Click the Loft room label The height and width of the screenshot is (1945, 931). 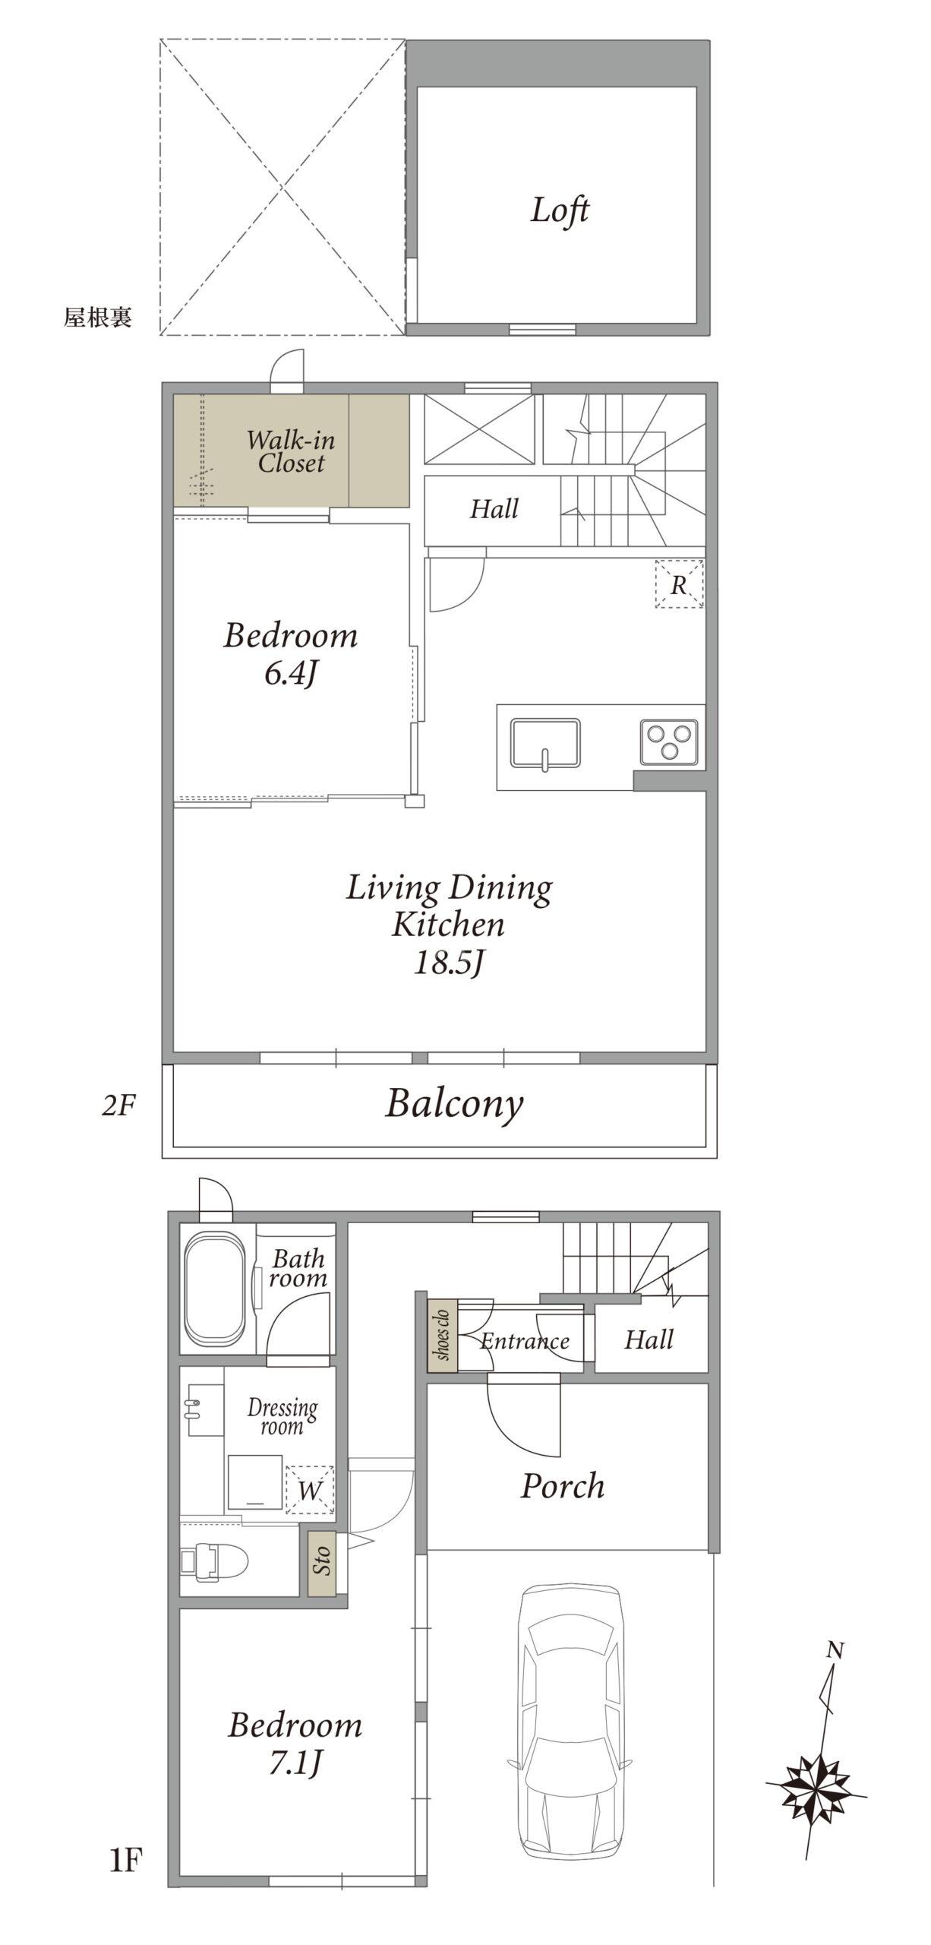pos(560,210)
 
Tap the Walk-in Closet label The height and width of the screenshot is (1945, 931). pos(291,451)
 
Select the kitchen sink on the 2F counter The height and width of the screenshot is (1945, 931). pos(545,743)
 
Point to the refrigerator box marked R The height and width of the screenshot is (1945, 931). pos(679,584)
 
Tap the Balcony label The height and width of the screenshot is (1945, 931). pos(454,1105)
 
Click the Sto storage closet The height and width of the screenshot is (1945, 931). pos(323,1562)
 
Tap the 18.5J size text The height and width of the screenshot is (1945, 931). pos(449,963)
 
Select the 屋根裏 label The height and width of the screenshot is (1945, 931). pos(97,317)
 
